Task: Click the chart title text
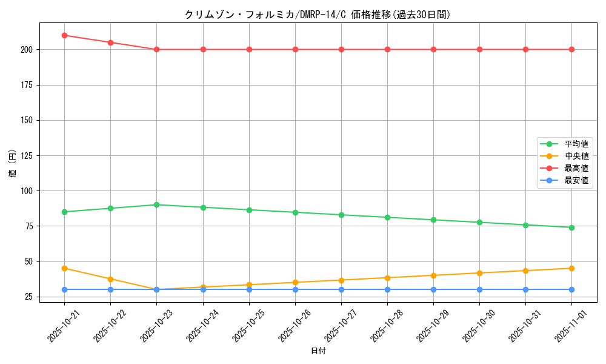pyautogui.click(x=318, y=15)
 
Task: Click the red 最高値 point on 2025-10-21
pyautogui.click(x=64, y=35)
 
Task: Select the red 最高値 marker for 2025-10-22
pyautogui.click(x=110, y=42)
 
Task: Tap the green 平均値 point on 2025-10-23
pyautogui.click(x=156, y=204)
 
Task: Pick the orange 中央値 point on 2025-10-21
pyautogui.click(x=64, y=268)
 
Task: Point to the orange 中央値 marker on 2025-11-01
pyautogui.click(x=571, y=268)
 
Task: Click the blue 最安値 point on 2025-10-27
pyautogui.click(x=341, y=289)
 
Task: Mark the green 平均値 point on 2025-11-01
pyautogui.click(x=571, y=227)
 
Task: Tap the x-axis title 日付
pyautogui.click(x=318, y=351)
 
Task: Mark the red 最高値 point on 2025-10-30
pyautogui.click(x=479, y=49)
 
